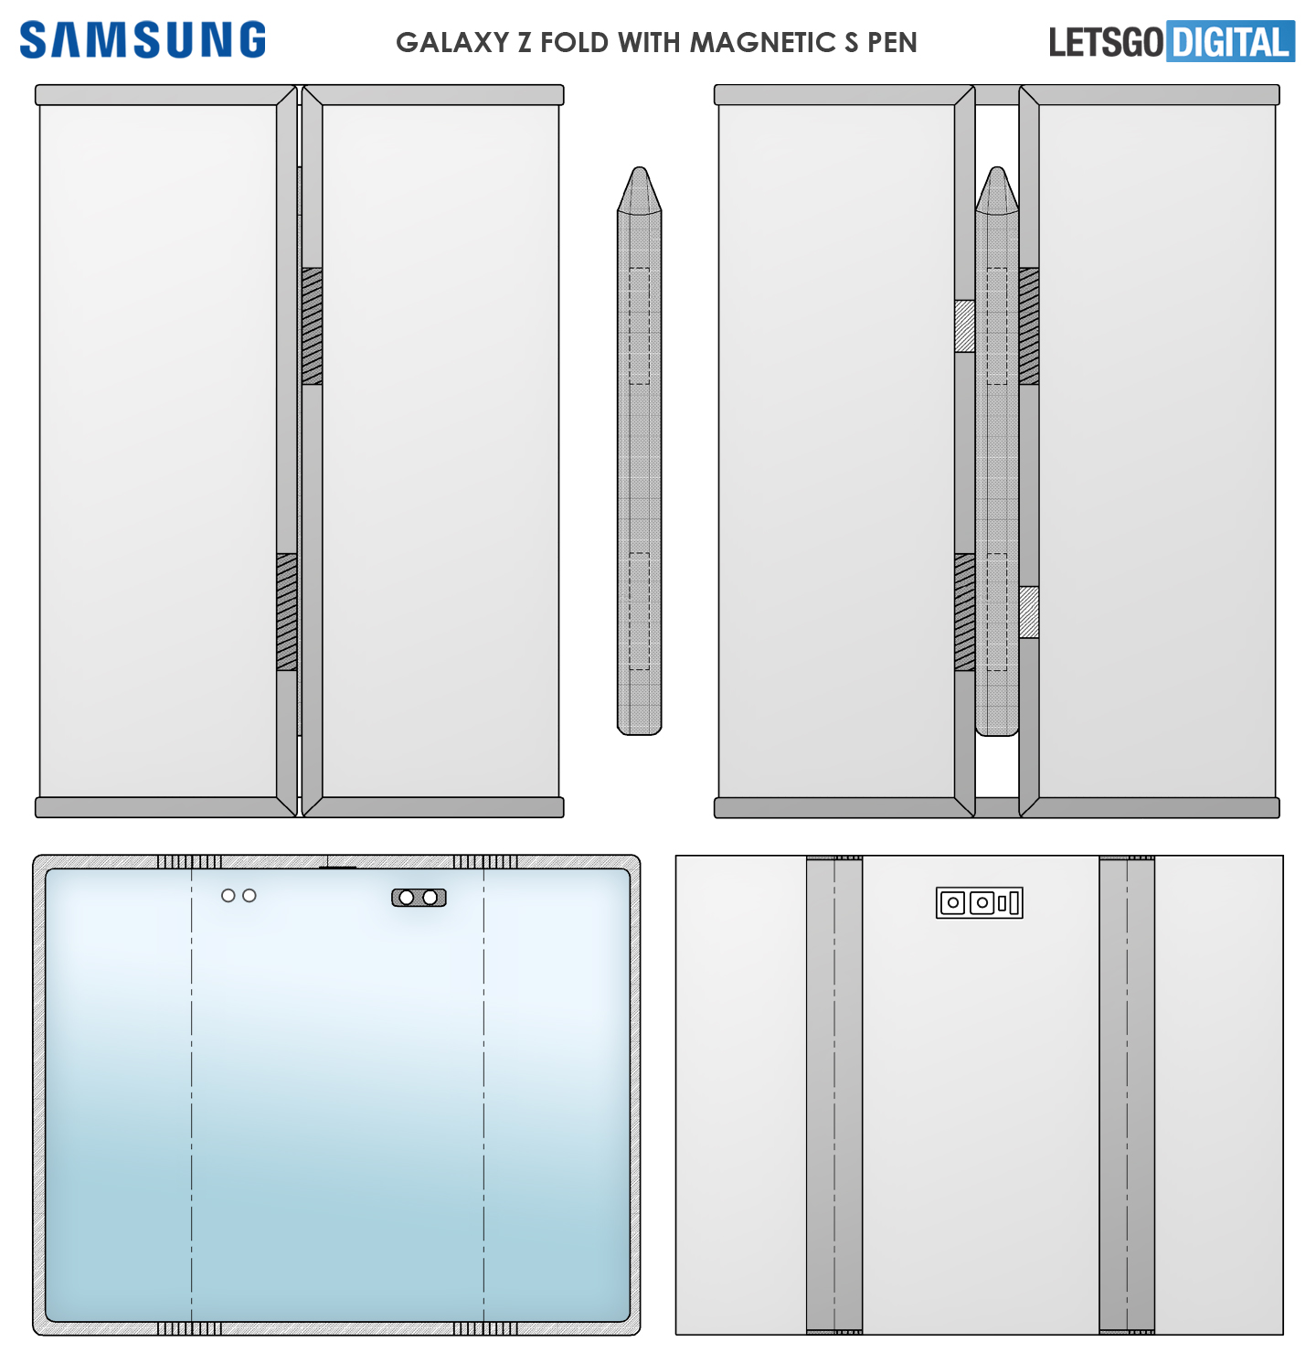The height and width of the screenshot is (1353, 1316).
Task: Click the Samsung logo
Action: coord(143,39)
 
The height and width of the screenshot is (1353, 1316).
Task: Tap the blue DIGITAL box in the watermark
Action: coord(1230,41)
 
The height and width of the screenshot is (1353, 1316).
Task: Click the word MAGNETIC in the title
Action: coord(762,42)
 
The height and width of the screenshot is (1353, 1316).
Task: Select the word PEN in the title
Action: coord(893,42)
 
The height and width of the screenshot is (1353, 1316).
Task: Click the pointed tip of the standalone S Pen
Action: coord(640,168)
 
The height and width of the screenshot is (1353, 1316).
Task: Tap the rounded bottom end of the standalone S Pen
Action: coord(640,730)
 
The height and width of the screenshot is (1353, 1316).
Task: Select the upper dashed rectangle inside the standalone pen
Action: coord(640,326)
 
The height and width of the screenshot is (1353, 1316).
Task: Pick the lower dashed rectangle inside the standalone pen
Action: coord(640,612)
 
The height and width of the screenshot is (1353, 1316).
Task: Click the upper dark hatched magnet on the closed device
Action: coord(313,326)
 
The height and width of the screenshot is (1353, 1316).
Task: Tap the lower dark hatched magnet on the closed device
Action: coord(287,612)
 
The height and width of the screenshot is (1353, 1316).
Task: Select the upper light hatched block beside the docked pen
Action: coord(964,326)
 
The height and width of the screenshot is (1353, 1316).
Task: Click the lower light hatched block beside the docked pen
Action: coord(1029,613)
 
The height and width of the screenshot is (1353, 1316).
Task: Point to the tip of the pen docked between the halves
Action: coord(998,168)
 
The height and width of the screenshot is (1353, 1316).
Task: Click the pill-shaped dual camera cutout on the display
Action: coord(419,898)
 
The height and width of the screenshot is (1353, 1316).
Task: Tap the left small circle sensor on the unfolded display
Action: coord(228,896)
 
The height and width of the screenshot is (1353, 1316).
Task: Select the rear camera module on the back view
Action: coord(979,902)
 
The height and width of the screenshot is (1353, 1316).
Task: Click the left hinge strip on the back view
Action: coord(834,1094)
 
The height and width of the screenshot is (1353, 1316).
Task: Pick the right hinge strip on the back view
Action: coord(1127,1094)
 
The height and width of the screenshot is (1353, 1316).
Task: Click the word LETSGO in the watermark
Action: coord(1106,42)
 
